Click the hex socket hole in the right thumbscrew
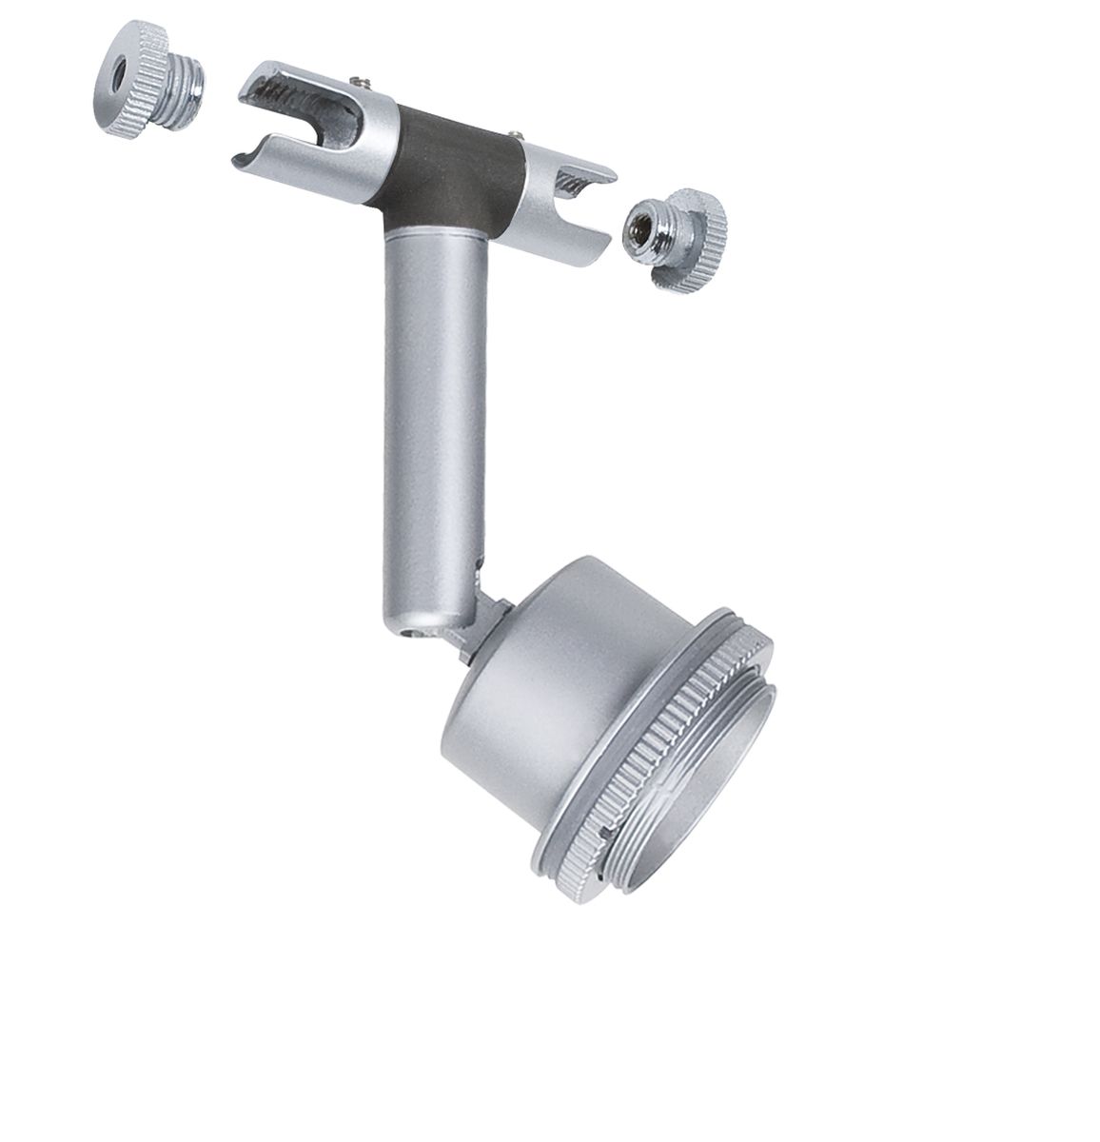click(x=636, y=229)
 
